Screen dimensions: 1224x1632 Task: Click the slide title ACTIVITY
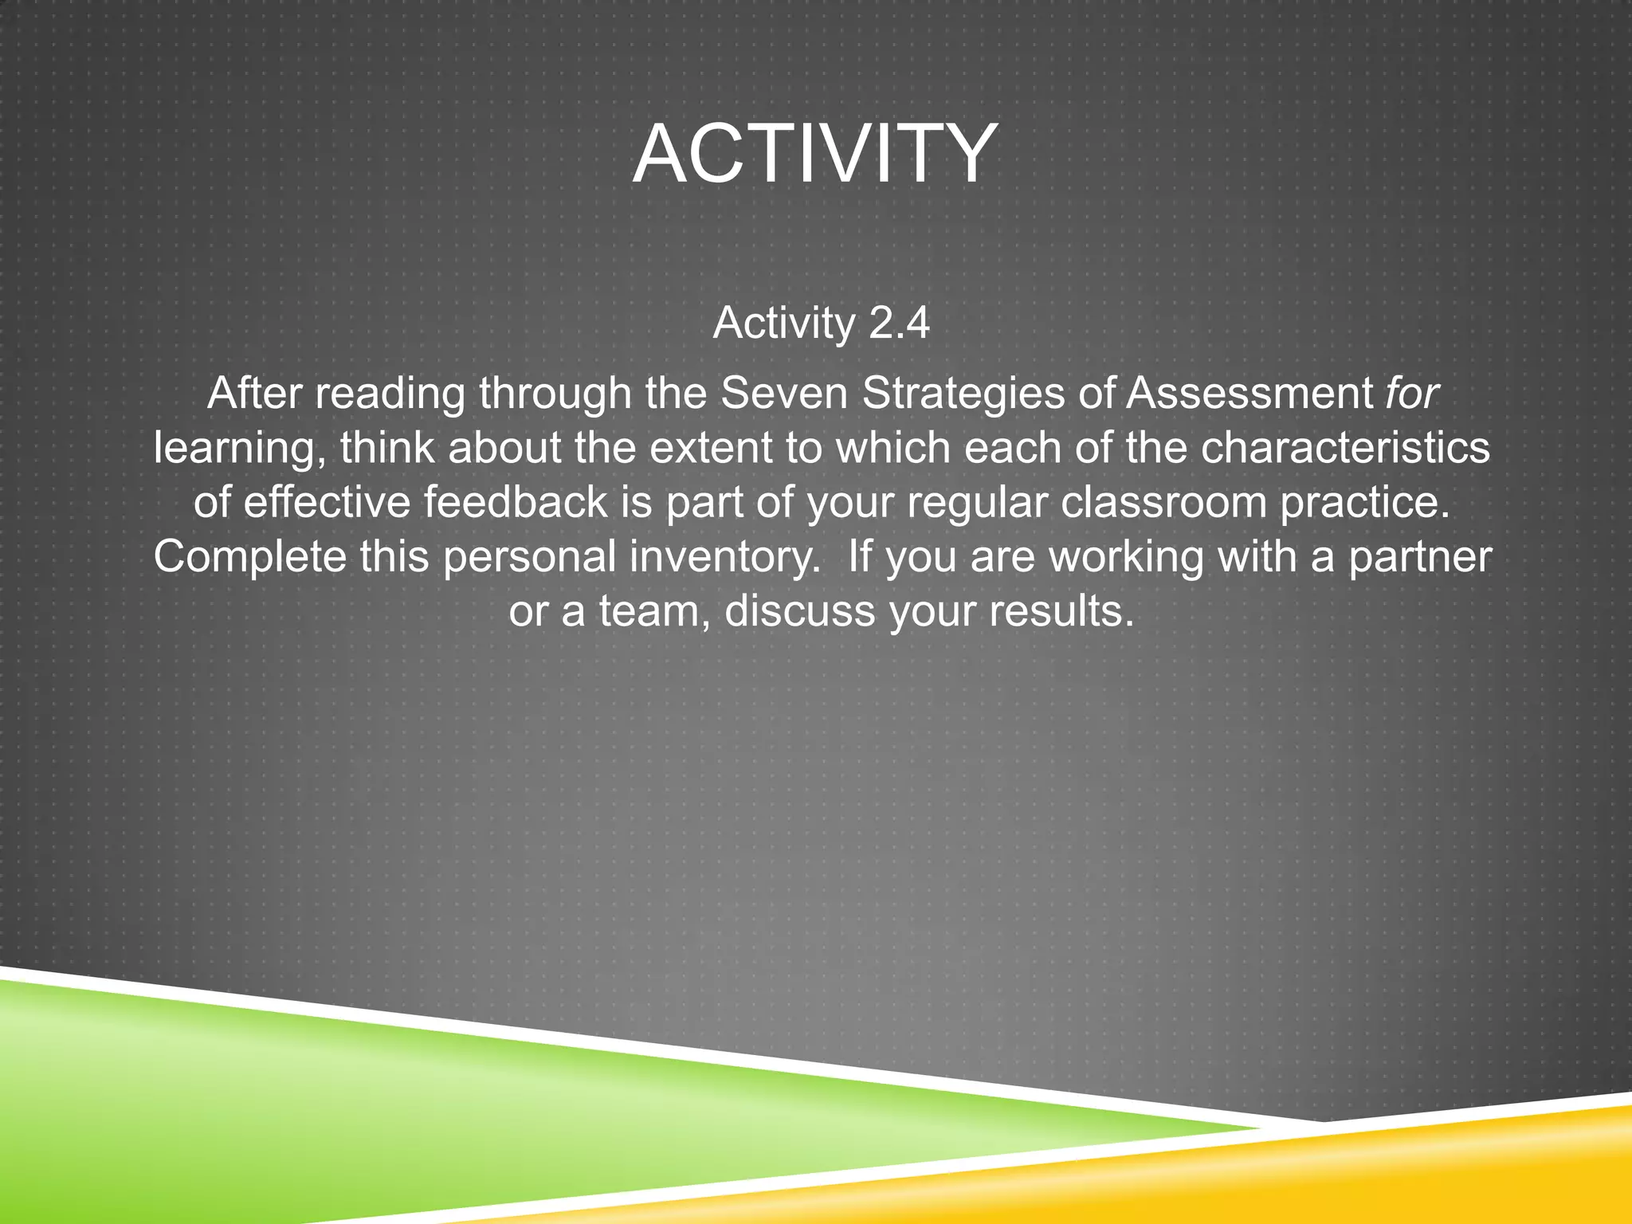(x=814, y=153)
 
